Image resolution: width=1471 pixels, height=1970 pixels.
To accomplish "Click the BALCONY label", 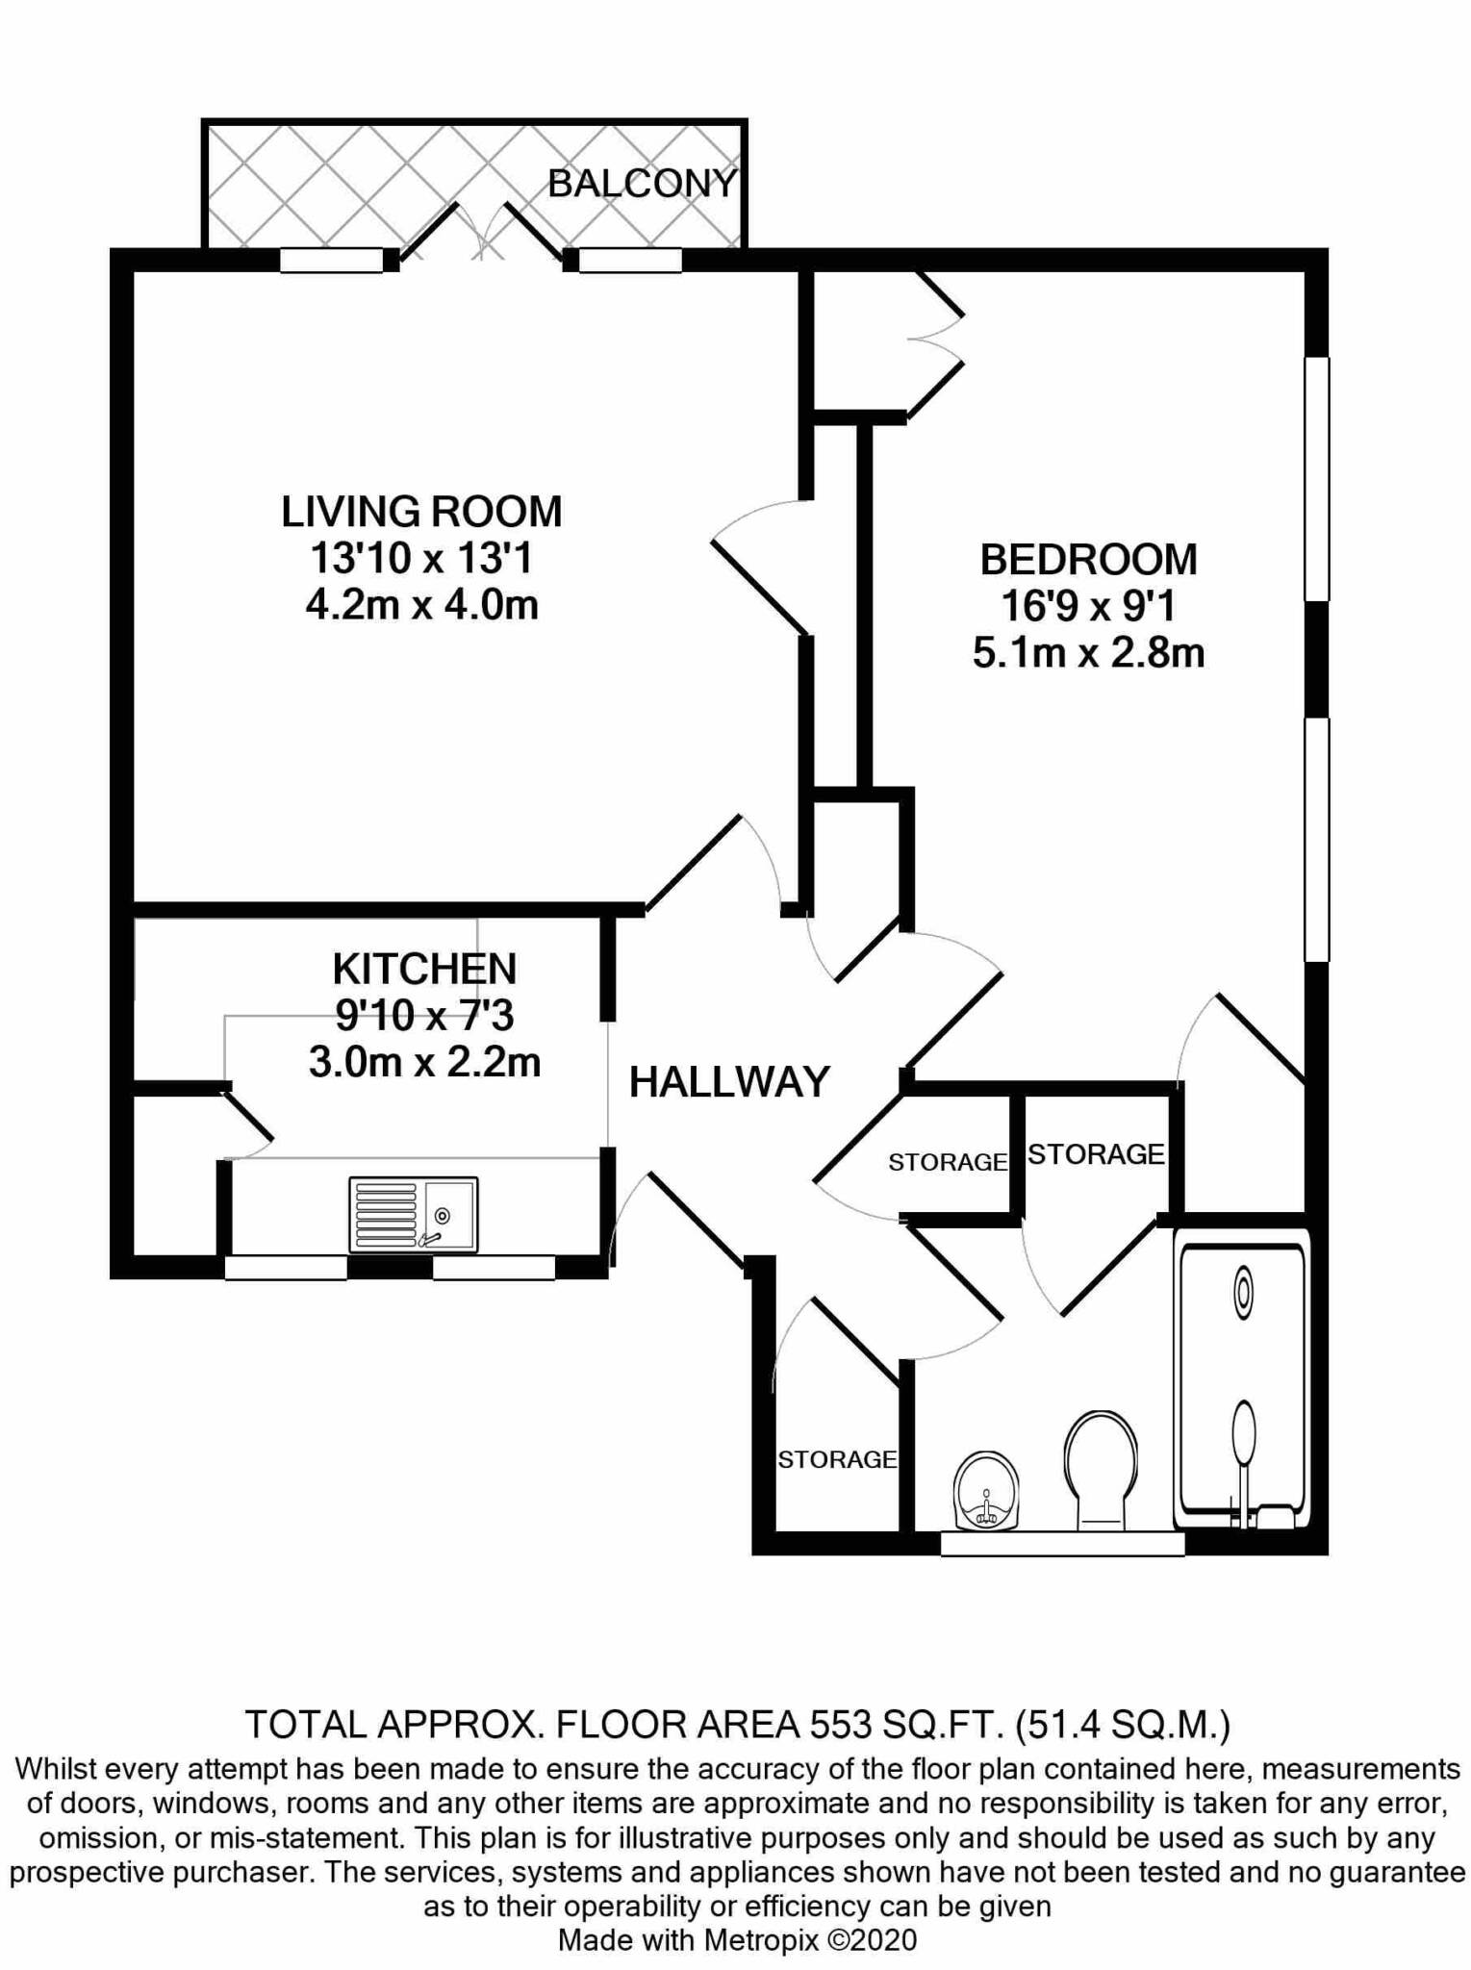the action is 642,183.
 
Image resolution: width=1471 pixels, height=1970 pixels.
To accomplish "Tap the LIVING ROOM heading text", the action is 421,511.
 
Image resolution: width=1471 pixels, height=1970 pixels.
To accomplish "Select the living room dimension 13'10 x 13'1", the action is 421,558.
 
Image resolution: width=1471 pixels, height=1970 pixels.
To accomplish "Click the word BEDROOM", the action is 1088,559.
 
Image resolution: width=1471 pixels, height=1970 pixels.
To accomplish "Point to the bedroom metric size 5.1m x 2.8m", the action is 1088,653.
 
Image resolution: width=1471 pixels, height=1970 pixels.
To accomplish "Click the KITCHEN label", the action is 424,969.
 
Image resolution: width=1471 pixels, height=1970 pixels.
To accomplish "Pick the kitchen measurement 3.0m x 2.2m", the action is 424,1063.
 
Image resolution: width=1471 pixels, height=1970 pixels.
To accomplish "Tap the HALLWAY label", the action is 729,1082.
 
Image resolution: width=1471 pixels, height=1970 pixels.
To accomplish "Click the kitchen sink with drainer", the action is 414,1215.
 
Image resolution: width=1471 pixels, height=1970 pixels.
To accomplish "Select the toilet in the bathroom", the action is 1101,1471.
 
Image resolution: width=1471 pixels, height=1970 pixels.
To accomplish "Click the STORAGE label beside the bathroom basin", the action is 837,1459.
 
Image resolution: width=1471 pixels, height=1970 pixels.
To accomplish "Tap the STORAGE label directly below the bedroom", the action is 1096,1153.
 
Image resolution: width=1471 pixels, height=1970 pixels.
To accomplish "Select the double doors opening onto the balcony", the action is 480,233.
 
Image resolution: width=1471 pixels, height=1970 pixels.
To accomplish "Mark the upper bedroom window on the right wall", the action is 1316,479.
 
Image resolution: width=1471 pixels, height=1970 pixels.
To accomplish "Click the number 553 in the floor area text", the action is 837,1725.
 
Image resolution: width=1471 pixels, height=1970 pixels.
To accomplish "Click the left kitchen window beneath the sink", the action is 286,1268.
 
